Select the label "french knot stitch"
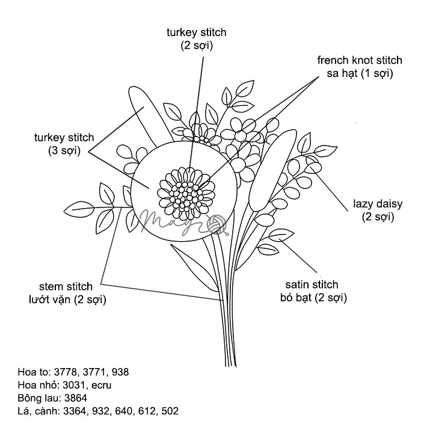tap(360, 60)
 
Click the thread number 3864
tap(73, 398)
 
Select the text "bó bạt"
tap(295, 297)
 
